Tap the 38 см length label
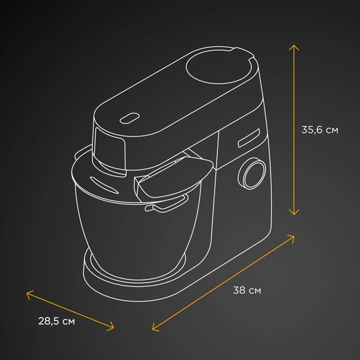click(247, 290)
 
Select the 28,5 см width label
click(56, 321)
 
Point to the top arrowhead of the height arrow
click(293, 46)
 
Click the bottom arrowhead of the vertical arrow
click(293, 212)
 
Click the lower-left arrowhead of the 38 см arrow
click(154, 328)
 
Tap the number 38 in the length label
click(239, 290)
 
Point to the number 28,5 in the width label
click(48, 321)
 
